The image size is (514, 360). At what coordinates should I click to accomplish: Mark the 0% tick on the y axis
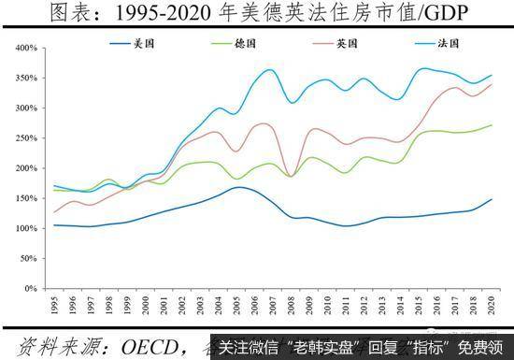tap(27, 288)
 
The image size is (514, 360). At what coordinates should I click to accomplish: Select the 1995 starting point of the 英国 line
tap(55, 212)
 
